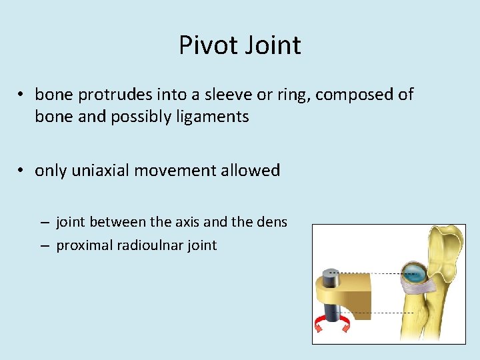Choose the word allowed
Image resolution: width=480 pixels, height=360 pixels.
[251, 171]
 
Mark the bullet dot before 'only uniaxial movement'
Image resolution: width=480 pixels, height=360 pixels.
[22, 171]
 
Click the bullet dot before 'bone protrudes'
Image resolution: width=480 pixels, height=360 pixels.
[22, 95]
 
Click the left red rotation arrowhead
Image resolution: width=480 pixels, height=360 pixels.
[319, 324]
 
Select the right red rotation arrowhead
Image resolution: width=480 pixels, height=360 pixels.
[345, 324]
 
